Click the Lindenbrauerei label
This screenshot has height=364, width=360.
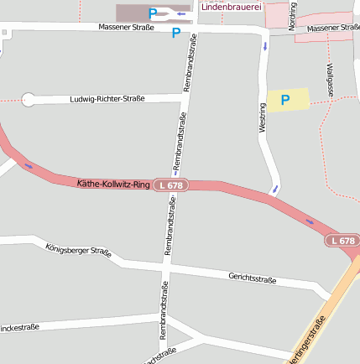[231, 7]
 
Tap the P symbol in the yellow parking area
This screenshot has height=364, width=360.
[285, 101]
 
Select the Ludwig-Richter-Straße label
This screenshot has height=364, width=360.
[107, 99]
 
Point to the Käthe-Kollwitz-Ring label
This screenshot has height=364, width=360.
[113, 184]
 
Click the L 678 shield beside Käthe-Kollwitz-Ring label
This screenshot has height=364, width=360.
[170, 185]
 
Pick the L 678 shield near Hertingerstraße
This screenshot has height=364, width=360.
[342, 242]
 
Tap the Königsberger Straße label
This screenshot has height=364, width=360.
[78, 250]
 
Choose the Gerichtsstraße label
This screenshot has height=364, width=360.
[253, 278]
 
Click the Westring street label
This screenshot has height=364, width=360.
[263, 117]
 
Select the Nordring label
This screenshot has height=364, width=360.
[292, 17]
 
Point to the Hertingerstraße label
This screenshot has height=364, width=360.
[309, 344]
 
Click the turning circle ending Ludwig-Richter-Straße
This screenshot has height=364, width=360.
[29, 100]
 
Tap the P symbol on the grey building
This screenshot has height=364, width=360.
[153, 13]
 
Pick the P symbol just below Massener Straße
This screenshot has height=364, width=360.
[176, 34]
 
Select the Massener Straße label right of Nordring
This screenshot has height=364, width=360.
[333, 29]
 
